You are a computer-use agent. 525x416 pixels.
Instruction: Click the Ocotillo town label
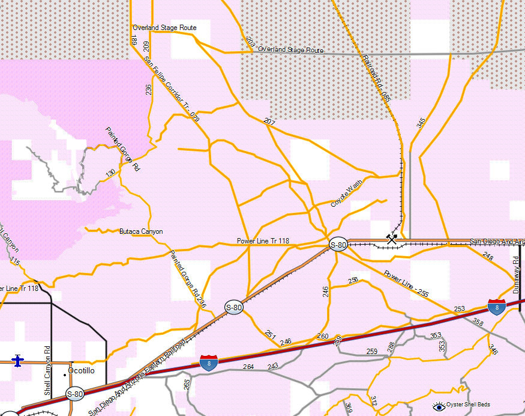pyautogui.click(x=82, y=371)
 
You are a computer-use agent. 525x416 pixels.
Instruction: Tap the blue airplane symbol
pyautogui.click(x=17, y=361)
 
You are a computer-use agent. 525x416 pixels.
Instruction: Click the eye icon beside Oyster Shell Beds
pyautogui.click(x=439, y=407)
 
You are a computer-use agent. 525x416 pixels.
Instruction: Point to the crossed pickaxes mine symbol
pyautogui.click(x=392, y=239)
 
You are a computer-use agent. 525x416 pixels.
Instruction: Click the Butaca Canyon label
pyautogui.click(x=141, y=231)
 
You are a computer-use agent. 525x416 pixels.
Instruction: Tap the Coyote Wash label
pyautogui.click(x=347, y=194)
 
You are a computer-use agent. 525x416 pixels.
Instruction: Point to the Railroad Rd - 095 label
pyautogui.click(x=377, y=78)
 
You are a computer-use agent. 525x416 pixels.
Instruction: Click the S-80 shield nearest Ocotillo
pyautogui.click(x=75, y=394)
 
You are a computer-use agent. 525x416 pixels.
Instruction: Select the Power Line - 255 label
pyautogui.click(x=406, y=284)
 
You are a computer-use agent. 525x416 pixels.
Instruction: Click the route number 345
pyautogui.click(x=421, y=123)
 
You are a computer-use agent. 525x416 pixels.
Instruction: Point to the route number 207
pyautogui.click(x=269, y=122)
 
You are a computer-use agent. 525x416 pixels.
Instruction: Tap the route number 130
pyautogui.click(x=110, y=174)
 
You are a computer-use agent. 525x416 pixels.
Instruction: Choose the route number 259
pyautogui.click(x=372, y=351)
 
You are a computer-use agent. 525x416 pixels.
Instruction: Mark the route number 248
pyautogui.click(x=488, y=257)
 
